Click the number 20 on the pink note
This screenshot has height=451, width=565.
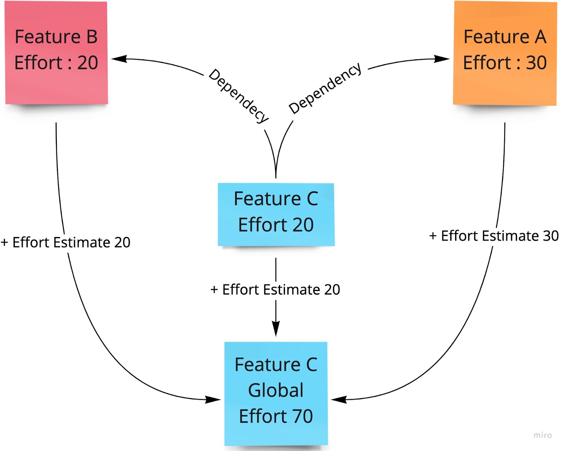(x=88, y=63)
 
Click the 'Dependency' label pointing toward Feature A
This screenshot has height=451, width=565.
(x=325, y=88)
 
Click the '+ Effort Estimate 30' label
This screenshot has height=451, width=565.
(x=494, y=236)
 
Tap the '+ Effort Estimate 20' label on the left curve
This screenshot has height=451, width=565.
(x=66, y=243)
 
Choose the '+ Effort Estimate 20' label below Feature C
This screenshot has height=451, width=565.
(x=275, y=290)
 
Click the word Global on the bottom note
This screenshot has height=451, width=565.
(x=276, y=390)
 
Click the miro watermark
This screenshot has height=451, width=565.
(x=542, y=435)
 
